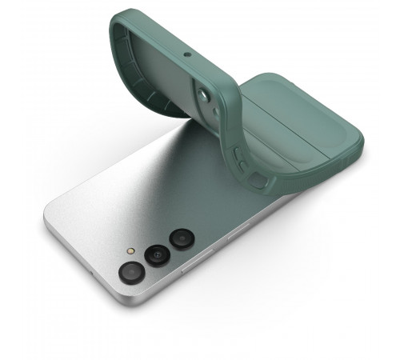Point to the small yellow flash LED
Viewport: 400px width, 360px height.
(x=132, y=250)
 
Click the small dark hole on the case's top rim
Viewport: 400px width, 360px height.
(x=186, y=56)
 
